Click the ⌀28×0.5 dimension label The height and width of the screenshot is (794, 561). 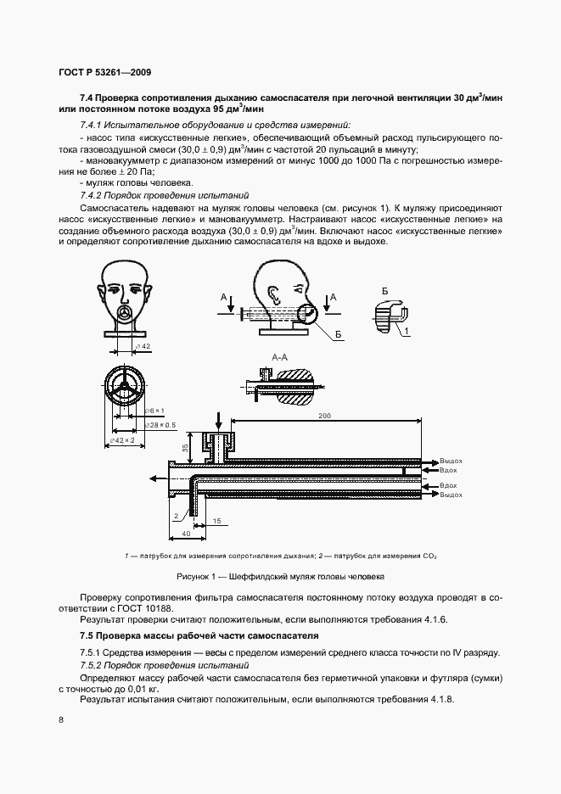coord(161,424)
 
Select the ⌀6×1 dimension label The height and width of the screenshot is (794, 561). coord(154,411)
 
